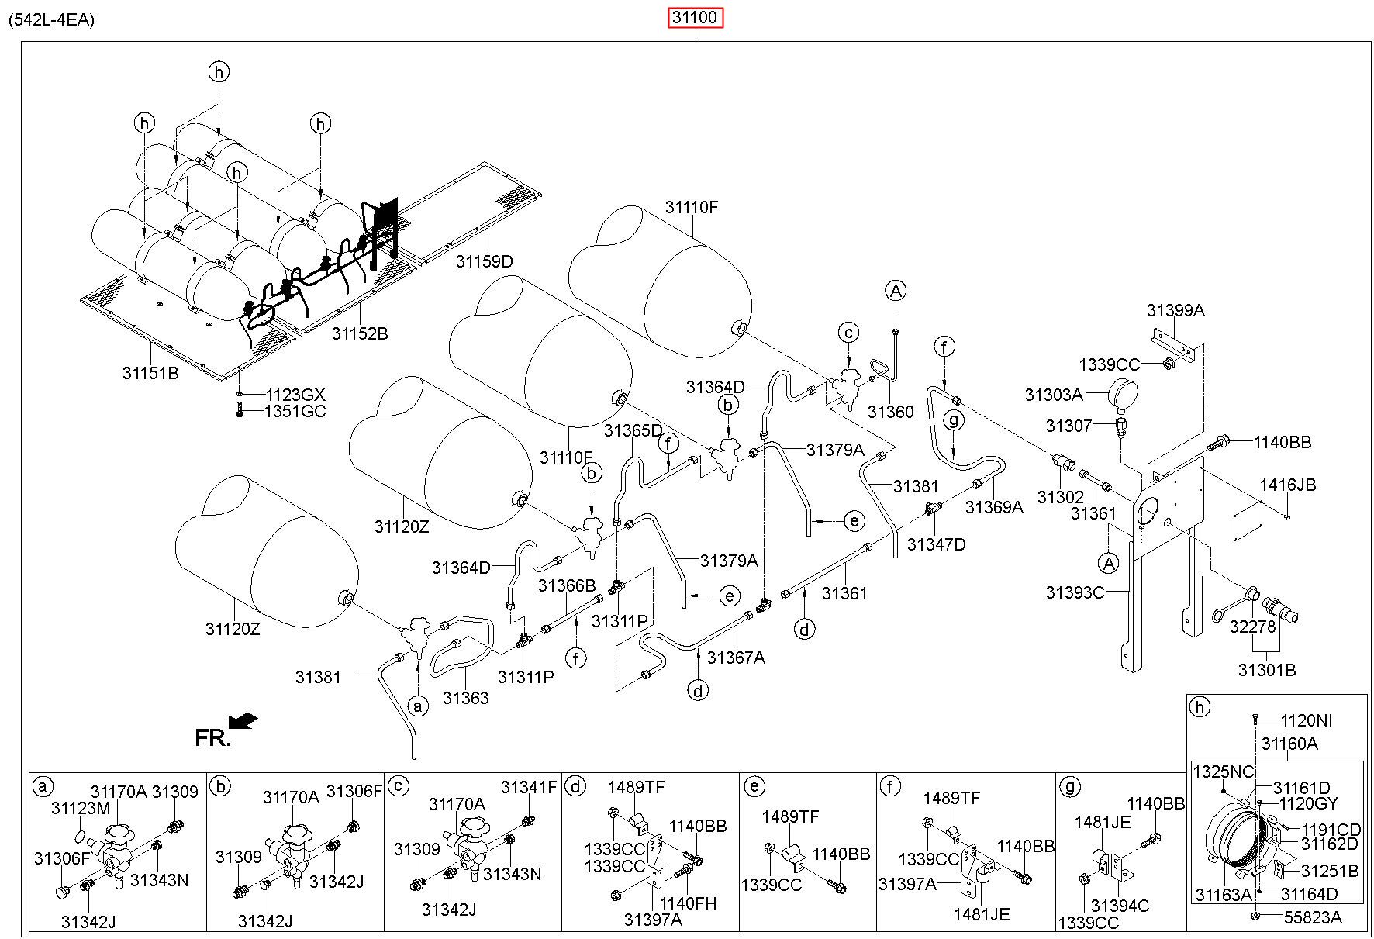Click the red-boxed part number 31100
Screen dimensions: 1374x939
[x=696, y=17]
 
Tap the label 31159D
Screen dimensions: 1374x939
[x=485, y=261]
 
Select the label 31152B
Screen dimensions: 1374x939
[x=360, y=333]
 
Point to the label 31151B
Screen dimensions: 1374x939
[x=150, y=373]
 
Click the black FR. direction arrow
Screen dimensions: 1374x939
[x=243, y=721]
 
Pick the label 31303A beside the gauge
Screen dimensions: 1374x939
[x=1054, y=395]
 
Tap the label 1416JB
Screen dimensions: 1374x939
[x=1288, y=485]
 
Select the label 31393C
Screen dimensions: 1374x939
[x=1075, y=592]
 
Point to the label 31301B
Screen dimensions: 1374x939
[x=1267, y=670]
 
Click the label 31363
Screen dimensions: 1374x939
[x=466, y=698]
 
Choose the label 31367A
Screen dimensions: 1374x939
[x=737, y=658]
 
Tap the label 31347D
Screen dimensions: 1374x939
[x=937, y=544]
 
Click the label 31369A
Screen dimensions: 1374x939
[x=995, y=507]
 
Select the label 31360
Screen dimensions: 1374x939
[x=891, y=412]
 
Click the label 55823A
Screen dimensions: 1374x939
[x=1313, y=917]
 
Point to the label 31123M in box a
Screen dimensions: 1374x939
[x=81, y=809]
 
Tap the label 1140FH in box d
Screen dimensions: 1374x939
[x=688, y=903]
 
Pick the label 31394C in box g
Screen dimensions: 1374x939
[x=1120, y=906]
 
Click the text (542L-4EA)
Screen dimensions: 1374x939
[x=52, y=20]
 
